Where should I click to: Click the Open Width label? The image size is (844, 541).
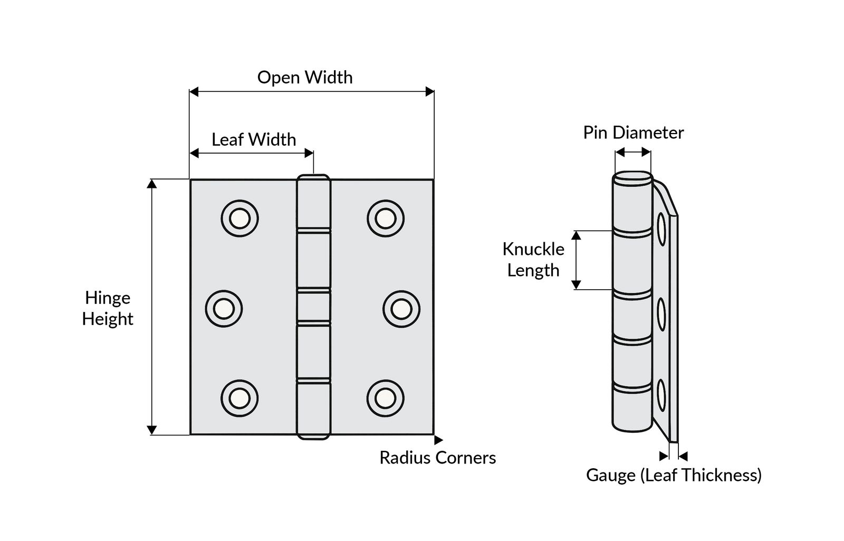(x=305, y=77)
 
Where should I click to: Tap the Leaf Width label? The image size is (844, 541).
(x=254, y=139)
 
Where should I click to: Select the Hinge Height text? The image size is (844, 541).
(x=108, y=308)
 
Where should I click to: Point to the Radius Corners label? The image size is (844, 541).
(x=437, y=457)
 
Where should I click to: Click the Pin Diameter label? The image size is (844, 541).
(x=633, y=132)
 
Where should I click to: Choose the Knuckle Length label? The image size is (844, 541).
(x=533, y=259)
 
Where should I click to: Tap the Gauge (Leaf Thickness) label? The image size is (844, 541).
(x=674, y=475)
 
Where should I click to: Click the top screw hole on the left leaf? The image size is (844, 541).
(x=239, y=219)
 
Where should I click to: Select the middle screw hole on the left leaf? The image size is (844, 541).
(x=224, y=308)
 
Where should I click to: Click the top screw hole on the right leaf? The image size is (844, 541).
(x=386, y=219)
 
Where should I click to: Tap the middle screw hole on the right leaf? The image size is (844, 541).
(x=401, y=308)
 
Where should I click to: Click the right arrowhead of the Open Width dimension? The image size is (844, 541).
(x=430, y=92)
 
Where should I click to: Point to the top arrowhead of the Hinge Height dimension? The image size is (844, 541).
(x=152, y=184)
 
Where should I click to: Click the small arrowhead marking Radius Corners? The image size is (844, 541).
(x=438, y=439)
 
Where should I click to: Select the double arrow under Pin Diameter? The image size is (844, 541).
(x=632, y=153)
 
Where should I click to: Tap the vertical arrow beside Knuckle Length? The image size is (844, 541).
(x=577, y=260)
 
